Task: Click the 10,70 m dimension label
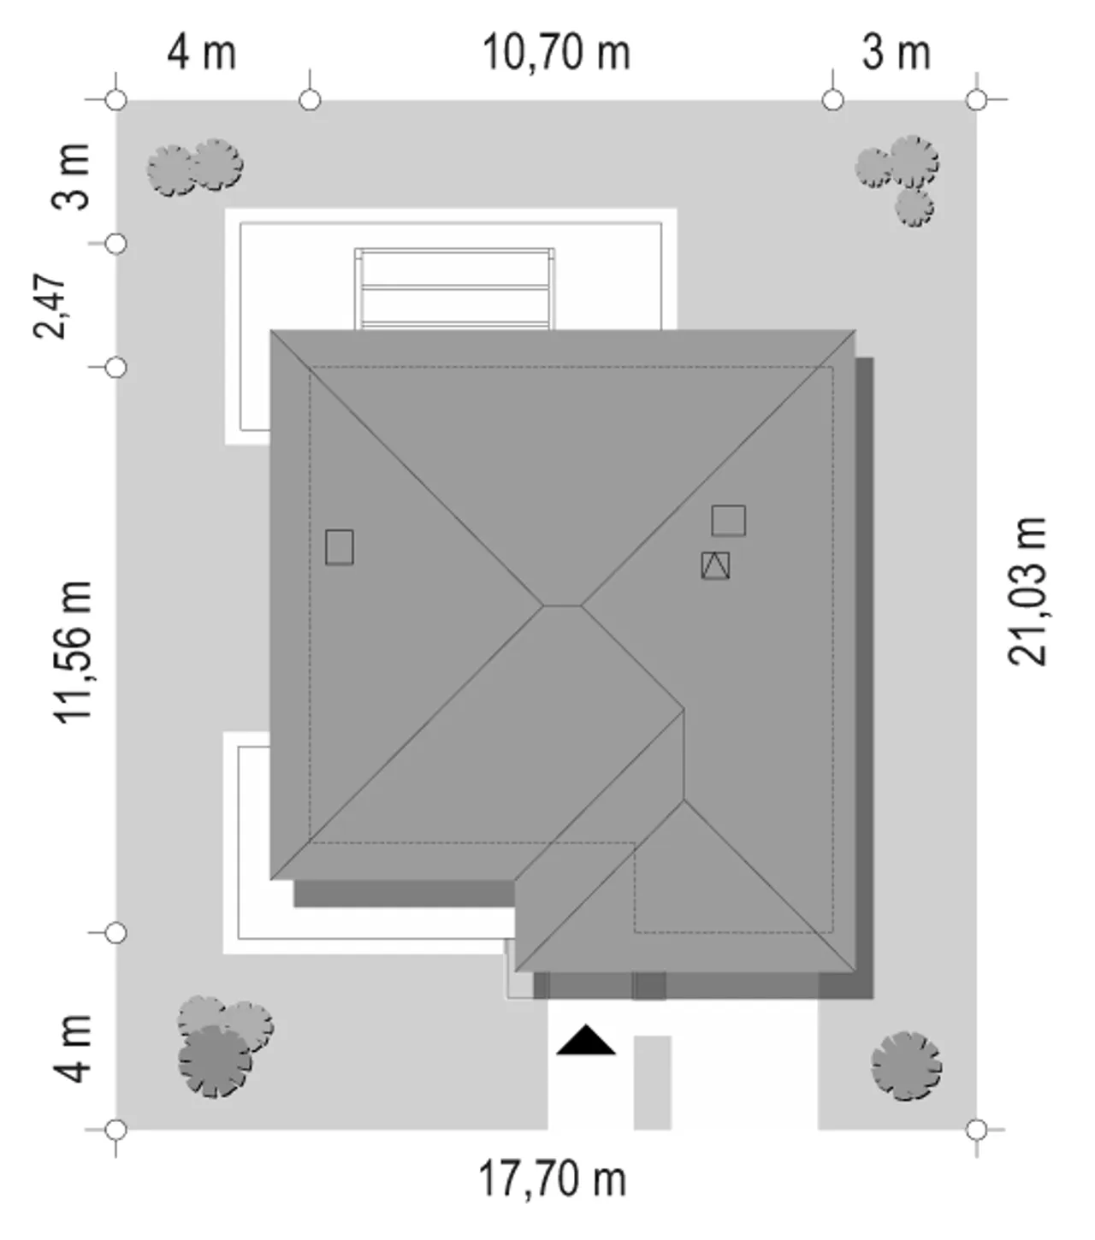[x=556, y=53]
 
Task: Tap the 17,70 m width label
[x=553, y=1179]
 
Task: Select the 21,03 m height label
[x=1027, y=591]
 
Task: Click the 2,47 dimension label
[x=49, y=306]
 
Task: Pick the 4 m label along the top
[x=202, y=53]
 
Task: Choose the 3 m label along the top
[x=896, y=53]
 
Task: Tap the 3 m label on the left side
[x=71, y=177]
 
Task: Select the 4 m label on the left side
[x=72, y=1049]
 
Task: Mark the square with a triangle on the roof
[x=715, y=565]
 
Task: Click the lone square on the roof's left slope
[x=340, y=547]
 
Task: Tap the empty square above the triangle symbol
[x=729, y=521]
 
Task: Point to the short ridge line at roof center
[x=562, y=605]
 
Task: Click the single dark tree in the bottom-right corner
[x=907, y=1066]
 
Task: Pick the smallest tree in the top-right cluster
[x=915, y=207]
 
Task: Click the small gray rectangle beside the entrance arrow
[x=652, y=1083]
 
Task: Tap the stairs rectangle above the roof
[x=454, y=289]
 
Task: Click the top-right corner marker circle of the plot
[x=977, y=99]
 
